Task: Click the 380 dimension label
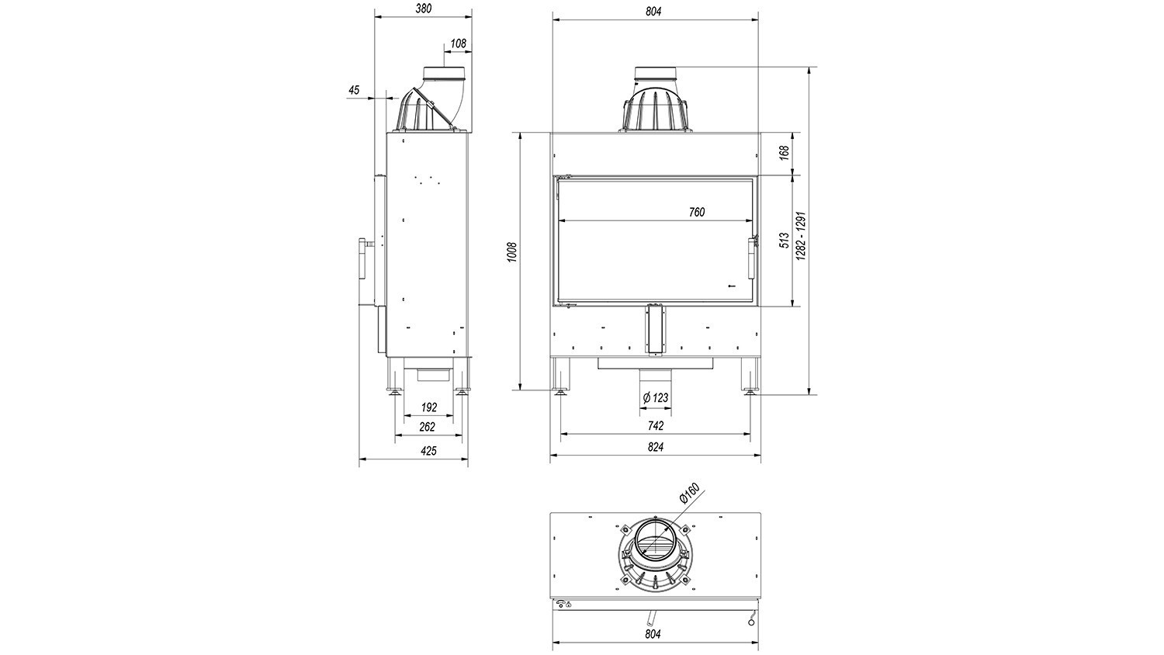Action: pyautogui.click(x=424, y=9)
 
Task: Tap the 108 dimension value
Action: pyautogui.click(x=459, y=43)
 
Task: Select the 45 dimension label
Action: pyautogui.click(x=354, y=90)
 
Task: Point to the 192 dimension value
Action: pyautogui.click(x=428, y=407)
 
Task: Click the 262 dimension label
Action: pyautogui.click(x=427, y=427)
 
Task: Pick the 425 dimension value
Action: pyautogui.click(x=428, y=451)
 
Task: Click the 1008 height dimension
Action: pyautogui.click(x=513, y=253)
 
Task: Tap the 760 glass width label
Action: pyautogui.click(x=697, y=212)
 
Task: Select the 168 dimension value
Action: pyautogui.click(x=785, y=153)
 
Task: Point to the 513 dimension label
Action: pyautogui.click(x=785, y=240)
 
